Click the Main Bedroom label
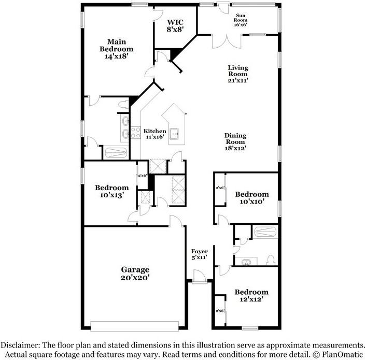click(117, 49)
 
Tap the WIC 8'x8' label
click(175, 26)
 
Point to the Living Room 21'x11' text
click(238, 74)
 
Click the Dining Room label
click(235, 141)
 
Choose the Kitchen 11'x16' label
click(155, 134)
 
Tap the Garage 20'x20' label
click(135, 273)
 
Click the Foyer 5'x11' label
click(199, 254)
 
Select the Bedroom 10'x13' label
click(111, 191)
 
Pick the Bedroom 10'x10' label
click(252, 197)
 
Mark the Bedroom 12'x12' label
click(251, 295)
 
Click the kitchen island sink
click(176, 133)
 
